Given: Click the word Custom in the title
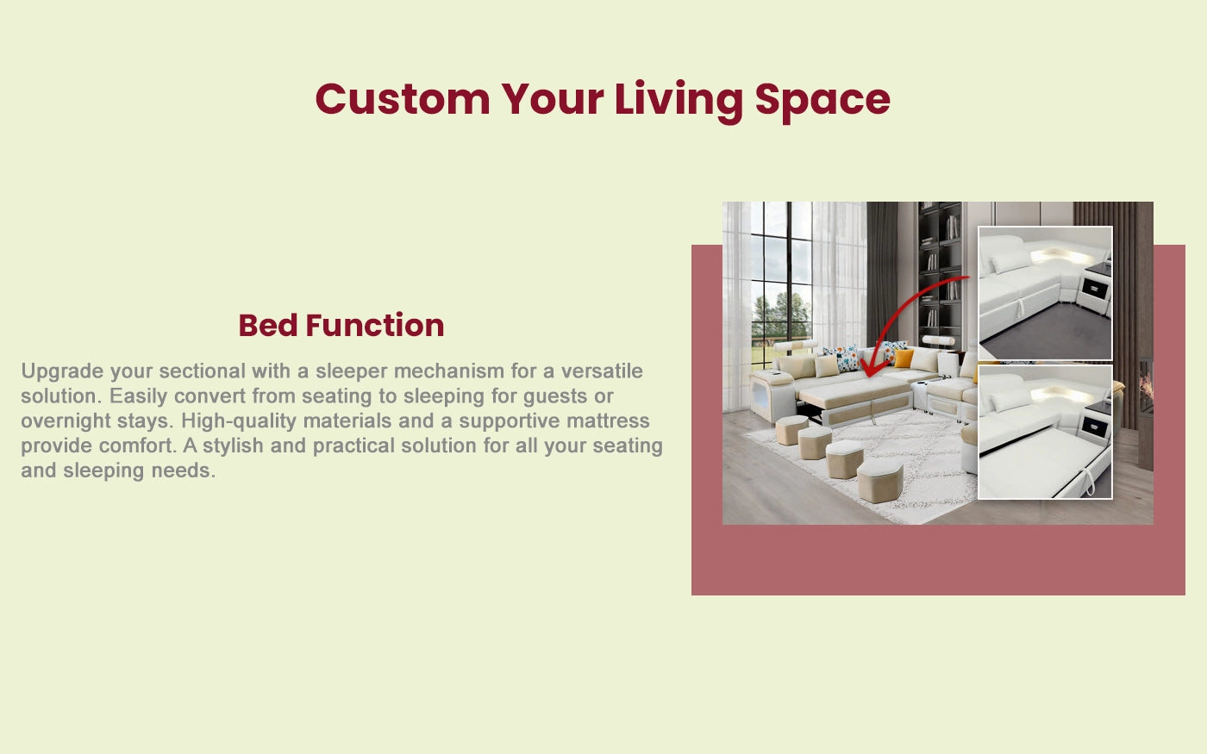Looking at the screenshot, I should pos(402,99).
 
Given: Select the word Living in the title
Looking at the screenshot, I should pos(679,101).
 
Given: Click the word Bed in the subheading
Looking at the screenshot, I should pos(268,326).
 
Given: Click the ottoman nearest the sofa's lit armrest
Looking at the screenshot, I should pos(791,429).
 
